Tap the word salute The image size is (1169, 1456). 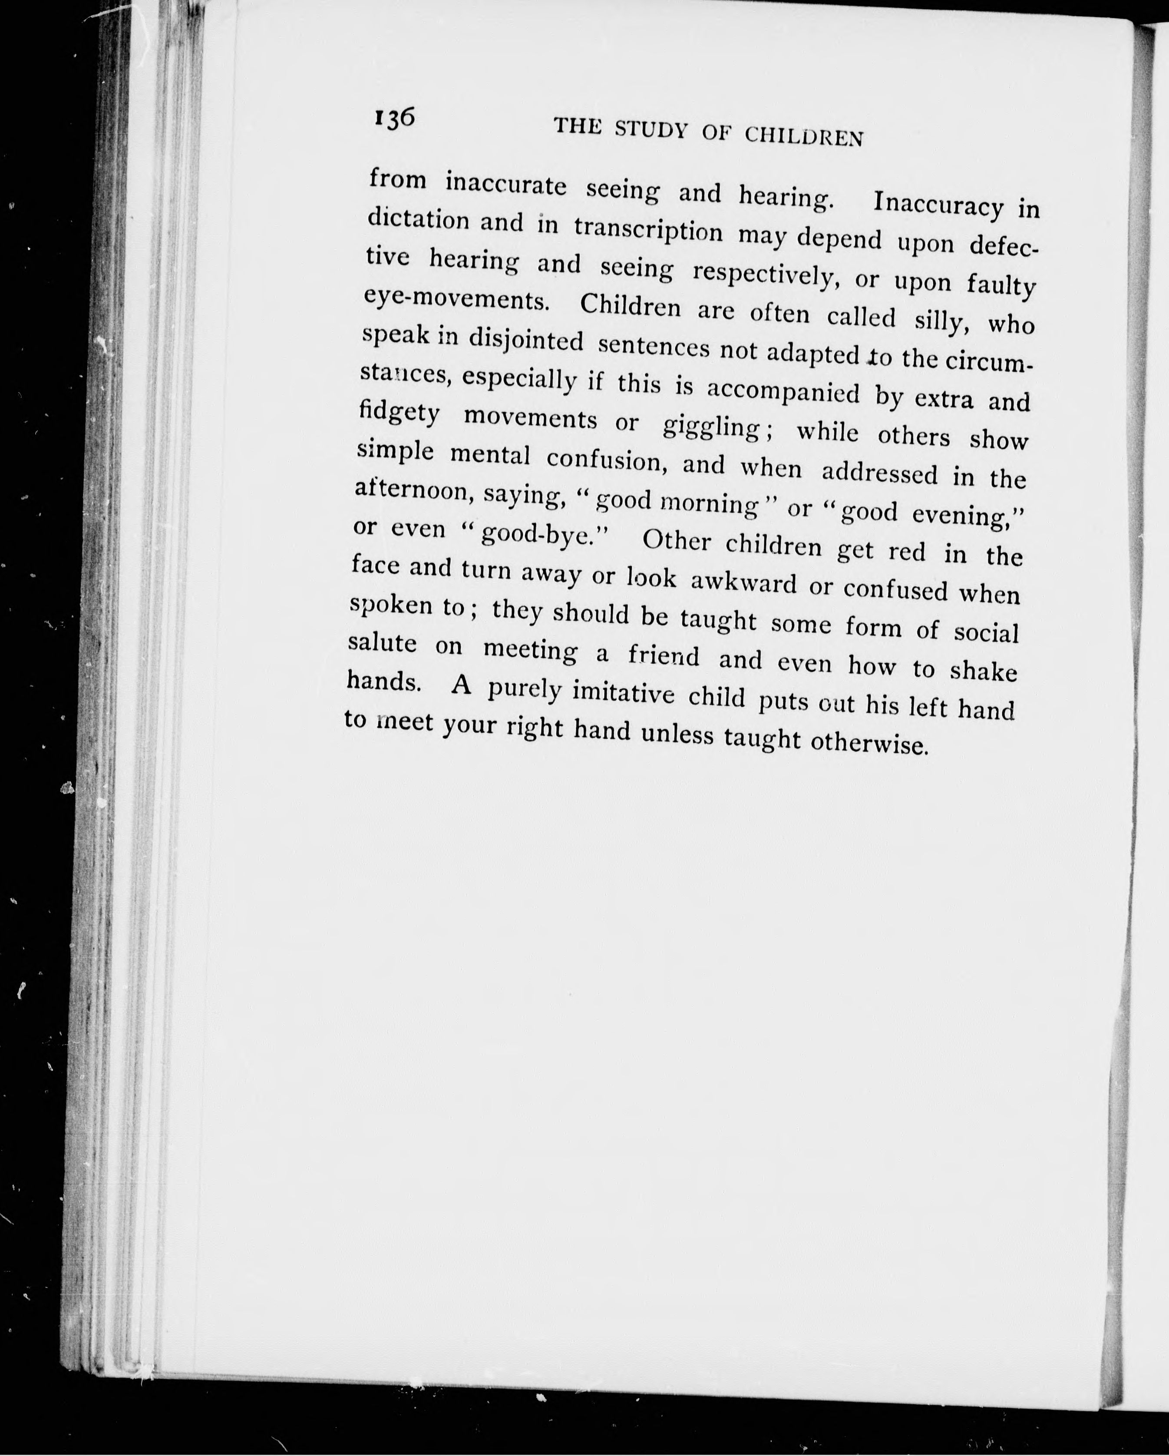click(382, 642)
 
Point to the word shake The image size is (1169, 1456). click(983, 671)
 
